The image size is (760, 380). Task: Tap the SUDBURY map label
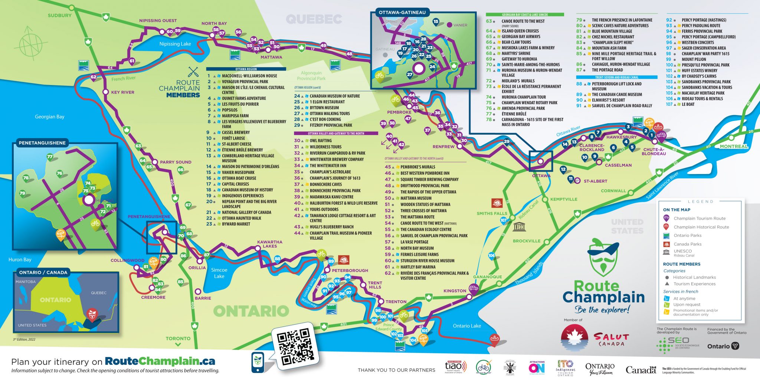click(x=59, y=16)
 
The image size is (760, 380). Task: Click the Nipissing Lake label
click(x=175, y=44)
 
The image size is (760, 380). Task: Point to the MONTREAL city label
click(x=733, y=146)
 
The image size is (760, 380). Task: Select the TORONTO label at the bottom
click(x=178, y=338)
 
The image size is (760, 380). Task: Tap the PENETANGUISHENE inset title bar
click(x=42, y=143)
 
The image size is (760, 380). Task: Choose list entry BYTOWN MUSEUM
click(x=324, y=108)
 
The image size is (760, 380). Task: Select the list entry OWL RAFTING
click(x=321, y=141)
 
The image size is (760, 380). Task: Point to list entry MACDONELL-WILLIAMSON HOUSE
click(x=249, y=76)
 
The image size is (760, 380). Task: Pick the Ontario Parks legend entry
click(x=687, y=235)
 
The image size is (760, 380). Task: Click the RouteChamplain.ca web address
click(x=160, y=361)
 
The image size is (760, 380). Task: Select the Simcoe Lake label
click(x=219, y=273)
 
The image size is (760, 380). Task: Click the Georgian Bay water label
click(x=50, y=117)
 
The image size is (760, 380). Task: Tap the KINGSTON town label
click(x=455, y=291)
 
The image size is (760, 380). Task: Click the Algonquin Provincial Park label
click(x=311, y=76)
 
